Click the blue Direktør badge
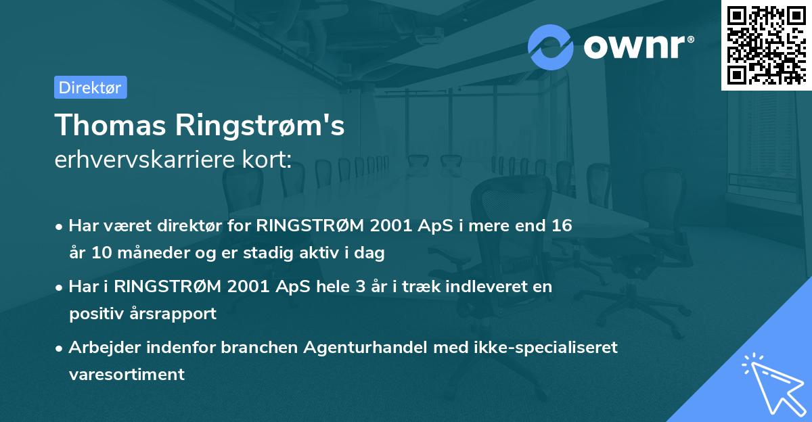coord(90,87)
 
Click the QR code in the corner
coord(766,45)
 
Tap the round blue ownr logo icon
coord(551,47)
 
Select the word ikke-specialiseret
coord(541,348)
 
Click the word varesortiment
coord(127,375)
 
